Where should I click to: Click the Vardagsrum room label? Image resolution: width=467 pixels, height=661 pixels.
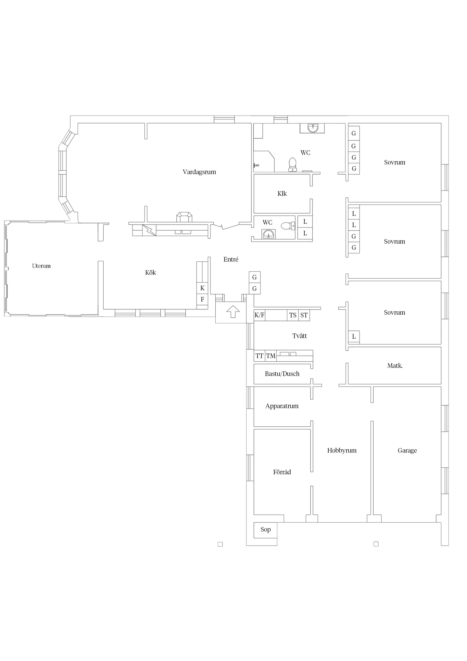point(199,172)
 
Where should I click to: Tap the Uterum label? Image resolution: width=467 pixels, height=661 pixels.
point(41,266)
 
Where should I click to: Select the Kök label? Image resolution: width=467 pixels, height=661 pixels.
point(150,272)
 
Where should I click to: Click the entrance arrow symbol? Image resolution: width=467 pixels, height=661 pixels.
point(233,312)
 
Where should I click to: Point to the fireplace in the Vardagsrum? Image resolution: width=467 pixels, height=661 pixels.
point(184,217)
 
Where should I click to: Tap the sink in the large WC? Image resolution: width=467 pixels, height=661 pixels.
point(312,128)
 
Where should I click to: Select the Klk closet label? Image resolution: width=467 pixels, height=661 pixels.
point(282,193)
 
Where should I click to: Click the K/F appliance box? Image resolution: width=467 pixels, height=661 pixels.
point(259,315)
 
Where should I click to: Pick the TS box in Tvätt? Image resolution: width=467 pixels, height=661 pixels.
point(293,315)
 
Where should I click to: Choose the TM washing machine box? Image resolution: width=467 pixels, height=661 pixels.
point(271,356)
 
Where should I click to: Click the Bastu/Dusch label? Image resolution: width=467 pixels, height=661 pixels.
point(282,374)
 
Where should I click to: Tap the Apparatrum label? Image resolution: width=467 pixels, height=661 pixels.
point(282,406)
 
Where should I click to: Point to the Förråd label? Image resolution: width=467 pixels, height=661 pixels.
point(282,472)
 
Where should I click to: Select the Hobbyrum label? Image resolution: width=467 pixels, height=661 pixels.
point(342,450)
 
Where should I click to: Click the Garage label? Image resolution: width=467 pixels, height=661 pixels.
point(407,450)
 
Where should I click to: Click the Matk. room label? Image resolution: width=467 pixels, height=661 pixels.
point(395,366)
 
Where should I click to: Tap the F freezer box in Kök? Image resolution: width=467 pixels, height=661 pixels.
point(202,299)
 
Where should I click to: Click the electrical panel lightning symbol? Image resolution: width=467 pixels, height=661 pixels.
point(149,230)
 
